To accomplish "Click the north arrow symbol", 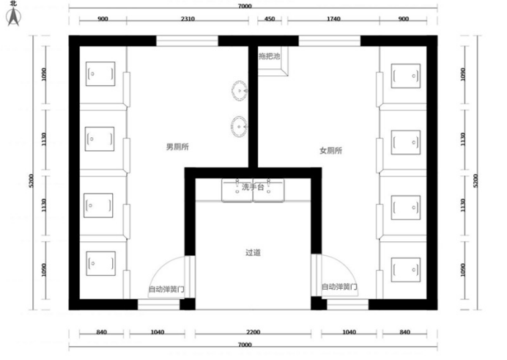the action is pos(13,16).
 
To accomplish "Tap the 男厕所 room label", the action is pos(177,147).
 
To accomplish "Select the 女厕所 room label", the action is pos(330,150).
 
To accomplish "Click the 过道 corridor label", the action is pos(253,252).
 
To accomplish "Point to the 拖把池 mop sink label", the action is pos(270,56).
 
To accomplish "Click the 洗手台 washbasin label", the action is pos(253,187).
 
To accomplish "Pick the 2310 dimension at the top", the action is pos(188,19).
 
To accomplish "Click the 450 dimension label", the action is pos(270,19).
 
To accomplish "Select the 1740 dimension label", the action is pos(333,19).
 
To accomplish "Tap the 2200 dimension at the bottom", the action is pos(253,332).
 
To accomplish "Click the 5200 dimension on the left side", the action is pos(32,180).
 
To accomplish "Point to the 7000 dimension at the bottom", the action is pos(245,345).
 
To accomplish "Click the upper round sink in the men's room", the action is pos(240,91).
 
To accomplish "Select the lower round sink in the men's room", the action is pos(239,126).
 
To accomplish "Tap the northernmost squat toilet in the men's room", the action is pos(100,74).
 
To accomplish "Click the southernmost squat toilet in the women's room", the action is pos(406,270).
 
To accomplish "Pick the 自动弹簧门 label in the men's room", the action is pos(166,289).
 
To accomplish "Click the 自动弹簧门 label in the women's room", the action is pos(339,287).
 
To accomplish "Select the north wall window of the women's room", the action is pos(330,41).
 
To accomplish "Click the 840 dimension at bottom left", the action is pos(102,332).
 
